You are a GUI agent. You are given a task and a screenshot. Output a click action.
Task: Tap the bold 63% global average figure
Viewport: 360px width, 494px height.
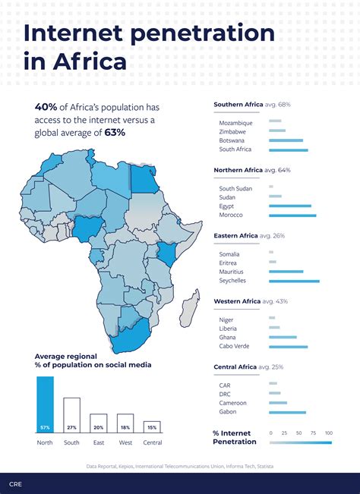point(115,132)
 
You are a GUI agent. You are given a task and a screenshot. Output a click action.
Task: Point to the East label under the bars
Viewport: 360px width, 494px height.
point(98,442)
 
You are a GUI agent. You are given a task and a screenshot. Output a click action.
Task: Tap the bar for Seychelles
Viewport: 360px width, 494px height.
point(294,281)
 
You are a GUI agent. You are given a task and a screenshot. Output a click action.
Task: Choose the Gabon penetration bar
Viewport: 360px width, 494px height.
point(287,413)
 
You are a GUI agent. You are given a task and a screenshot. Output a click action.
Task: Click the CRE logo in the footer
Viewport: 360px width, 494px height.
point(15,483)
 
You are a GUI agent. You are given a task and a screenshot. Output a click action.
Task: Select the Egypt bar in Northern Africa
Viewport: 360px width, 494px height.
point(290,206)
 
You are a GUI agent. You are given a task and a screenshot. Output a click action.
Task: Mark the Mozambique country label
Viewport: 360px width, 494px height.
point(235,121)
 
